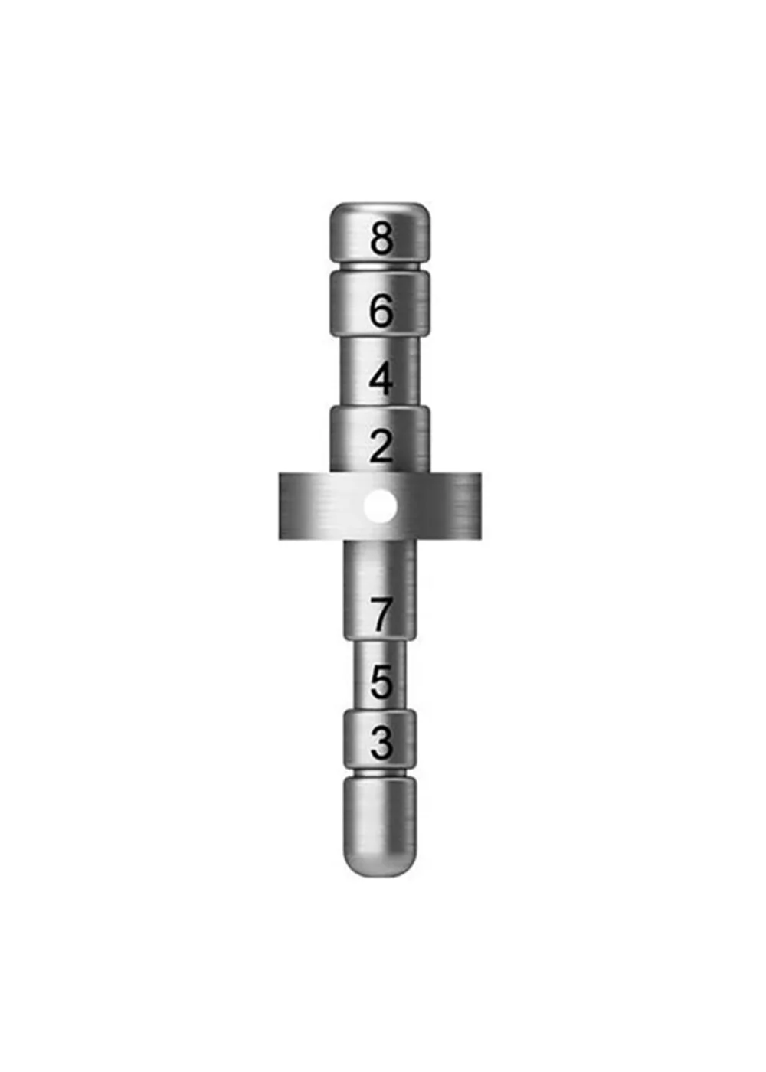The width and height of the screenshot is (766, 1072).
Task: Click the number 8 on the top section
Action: [x=381, y=238]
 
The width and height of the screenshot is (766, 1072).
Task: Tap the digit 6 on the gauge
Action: [x=381, y=311]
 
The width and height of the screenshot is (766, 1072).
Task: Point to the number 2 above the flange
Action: [x=381, y=446]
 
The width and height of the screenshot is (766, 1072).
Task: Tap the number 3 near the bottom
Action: [x=381, y=743]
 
